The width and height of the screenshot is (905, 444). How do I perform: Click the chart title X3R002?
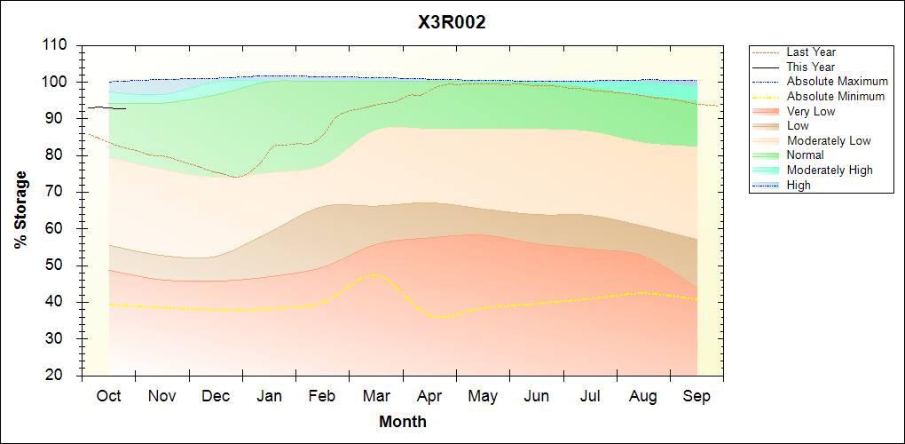[x=452, y=23]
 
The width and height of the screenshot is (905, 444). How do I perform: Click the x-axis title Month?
[x=403, y=422]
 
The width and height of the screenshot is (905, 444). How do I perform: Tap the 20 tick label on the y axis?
[x=59, y=376]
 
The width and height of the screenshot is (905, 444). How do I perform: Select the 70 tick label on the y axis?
[x=59, y=192]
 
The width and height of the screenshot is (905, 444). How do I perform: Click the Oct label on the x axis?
[x=108, y=397]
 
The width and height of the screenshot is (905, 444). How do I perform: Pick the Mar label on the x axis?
[x=375, y=397]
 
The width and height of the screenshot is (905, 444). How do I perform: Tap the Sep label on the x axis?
[x=696, y=397]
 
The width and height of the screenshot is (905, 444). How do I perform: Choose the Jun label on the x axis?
[x=536, y=397]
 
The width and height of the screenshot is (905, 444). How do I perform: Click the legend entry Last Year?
[x=811, y=52]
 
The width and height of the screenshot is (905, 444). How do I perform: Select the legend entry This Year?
[x=811, y=67]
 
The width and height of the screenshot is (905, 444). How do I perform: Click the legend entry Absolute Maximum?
[x=837, y=82]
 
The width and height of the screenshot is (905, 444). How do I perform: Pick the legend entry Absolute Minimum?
[x=835, y=96]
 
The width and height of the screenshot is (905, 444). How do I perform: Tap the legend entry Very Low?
[x=811, y=111]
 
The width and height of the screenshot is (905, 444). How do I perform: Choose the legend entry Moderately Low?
[x=829, y=140]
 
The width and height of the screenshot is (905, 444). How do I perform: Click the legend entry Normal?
[x=805, y=155]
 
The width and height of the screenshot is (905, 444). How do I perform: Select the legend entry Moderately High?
[x=830, y=170]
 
